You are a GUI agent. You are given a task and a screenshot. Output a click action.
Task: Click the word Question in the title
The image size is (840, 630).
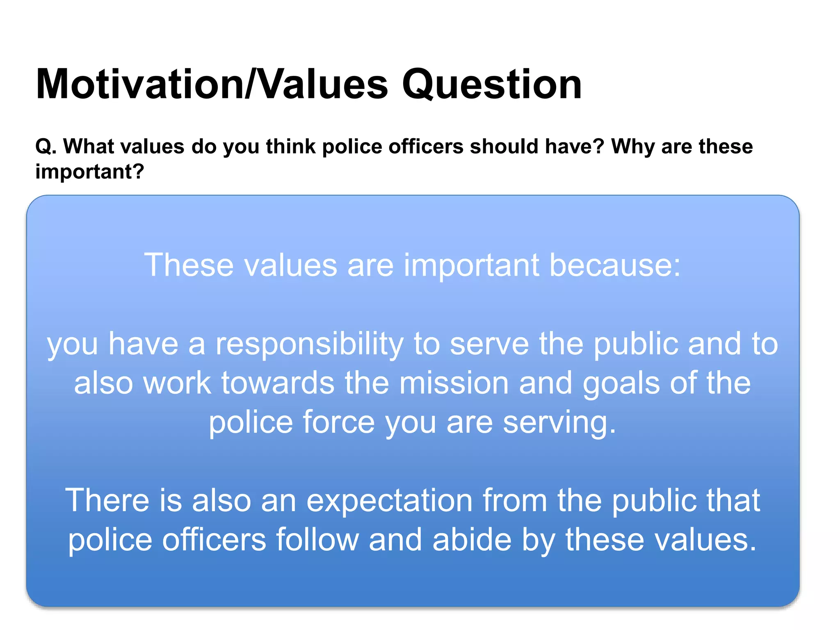tap(491, 85)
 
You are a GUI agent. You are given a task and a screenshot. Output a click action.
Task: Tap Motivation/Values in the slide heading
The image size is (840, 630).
tap(212, 84)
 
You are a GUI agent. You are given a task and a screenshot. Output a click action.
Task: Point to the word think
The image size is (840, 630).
tap(290, 146)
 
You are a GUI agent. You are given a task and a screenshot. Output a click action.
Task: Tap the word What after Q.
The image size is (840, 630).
tap(89, 146)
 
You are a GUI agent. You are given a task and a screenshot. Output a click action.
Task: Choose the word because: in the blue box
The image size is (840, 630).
tap(615, 265)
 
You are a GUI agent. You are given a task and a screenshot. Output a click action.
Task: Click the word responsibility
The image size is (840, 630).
tap(310, 344)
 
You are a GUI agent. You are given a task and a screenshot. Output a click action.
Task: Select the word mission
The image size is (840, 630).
tap(454, 383)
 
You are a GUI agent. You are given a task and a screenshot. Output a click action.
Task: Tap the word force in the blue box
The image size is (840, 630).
tap(338, 422)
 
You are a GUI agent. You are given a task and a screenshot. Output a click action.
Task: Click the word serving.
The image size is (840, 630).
tap(559, 422)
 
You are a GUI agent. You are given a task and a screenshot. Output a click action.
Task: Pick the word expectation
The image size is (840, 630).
tap(390, 501)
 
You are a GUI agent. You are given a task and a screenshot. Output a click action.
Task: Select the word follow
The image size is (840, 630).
tap(317, 540)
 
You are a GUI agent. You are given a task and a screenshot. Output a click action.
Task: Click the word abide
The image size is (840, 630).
tap(472, 540)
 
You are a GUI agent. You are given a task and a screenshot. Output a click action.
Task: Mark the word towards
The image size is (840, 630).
tap(278, 383)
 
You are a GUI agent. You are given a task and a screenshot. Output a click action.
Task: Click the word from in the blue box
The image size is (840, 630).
tap(515, 500)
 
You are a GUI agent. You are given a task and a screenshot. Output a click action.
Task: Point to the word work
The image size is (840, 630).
tap(177, 383)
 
